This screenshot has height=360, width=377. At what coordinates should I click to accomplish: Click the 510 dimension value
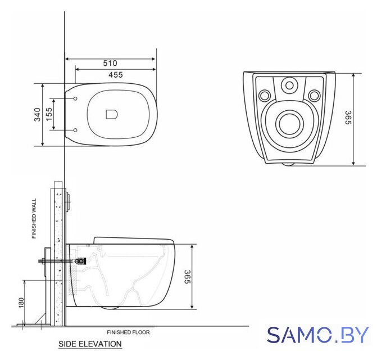coord(110,63)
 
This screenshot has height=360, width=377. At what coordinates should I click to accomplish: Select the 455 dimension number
coord(116,75)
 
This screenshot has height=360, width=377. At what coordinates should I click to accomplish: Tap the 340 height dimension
coord(37,115)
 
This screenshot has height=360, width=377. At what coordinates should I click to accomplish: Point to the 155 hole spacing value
coord(48,114)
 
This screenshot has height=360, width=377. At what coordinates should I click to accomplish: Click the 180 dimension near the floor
coord(21,303)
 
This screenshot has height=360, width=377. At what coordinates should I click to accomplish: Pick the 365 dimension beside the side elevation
coord(187,277)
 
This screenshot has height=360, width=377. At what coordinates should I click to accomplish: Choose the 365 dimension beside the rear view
coord(348,118)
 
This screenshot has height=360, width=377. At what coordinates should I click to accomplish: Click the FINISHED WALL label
coord(34,218)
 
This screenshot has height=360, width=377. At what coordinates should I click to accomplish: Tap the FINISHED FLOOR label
coord(129,332)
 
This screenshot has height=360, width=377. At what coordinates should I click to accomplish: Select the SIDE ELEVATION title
coord(90,344)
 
